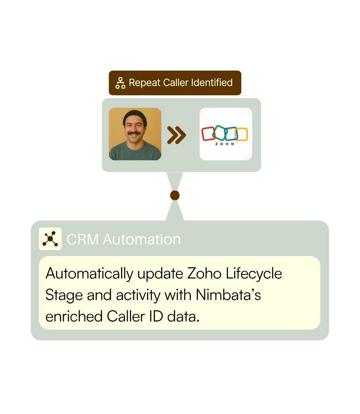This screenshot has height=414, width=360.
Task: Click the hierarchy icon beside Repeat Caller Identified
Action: click(x=120, y=83)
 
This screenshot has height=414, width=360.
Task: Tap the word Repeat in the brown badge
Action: click(x=145, y=83)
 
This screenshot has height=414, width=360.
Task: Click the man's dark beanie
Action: click(x=135, y=117)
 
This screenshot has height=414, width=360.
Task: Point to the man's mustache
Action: click(x=134, y=133)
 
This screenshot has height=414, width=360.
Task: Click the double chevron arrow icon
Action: click(x=176, y=135)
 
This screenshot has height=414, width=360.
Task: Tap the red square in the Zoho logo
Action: click(x=209, y=134)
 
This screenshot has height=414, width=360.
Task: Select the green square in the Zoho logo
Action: click(x=220, y=133)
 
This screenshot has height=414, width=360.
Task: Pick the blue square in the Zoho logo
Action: click(x=231, y=134)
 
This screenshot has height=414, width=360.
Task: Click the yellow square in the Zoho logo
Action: click(x=241, y=134)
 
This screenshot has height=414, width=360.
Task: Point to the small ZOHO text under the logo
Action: click(x=225, y=144)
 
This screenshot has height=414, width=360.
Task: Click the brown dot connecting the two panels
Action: click(x=175, y=196)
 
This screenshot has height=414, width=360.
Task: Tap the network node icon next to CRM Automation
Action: click(x=50, y=239)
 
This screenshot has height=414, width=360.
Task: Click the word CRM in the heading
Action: click(x=83, y=240)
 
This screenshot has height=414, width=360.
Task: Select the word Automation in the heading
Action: click(x=142, y=240)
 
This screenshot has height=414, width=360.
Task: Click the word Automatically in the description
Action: click(x=89, y=274)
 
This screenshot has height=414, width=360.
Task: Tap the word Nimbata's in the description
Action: click(x=229, y=295)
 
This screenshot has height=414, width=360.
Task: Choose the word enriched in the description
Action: click(x=74, y=316)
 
